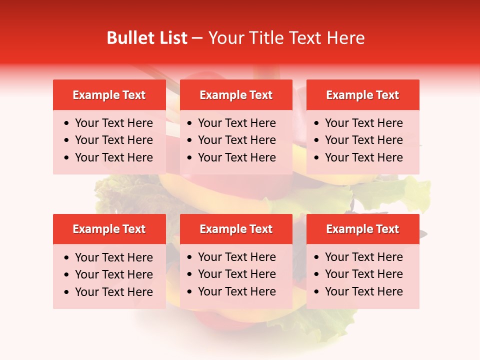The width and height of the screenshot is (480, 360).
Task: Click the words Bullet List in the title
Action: coord(146,38)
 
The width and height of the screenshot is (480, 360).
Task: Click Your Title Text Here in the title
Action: coord(286,38)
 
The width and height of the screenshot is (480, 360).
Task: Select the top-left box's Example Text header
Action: coord(109,95)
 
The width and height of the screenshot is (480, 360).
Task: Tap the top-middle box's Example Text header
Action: coord(236,95)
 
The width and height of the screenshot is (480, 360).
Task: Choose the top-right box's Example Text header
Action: coord(362,95)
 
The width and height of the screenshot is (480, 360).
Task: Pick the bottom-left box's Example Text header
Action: coord(109,229)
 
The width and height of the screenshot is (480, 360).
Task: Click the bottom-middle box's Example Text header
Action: coord(236,229)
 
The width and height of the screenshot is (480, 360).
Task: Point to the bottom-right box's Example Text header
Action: coord(362,229)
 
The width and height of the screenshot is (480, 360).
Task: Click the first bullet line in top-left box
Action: coord(113,123)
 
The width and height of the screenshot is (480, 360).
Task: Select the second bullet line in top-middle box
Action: coord(236,140)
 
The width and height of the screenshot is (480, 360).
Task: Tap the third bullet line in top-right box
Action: coord(363,157)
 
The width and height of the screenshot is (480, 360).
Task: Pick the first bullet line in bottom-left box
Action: coord(113,257)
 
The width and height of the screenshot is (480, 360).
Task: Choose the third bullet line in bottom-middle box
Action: coord(236,291)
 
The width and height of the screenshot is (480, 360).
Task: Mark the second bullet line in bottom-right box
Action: coord(363,274)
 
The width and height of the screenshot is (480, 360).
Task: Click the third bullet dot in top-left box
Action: coord(67,158)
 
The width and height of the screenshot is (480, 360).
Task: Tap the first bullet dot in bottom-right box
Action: coord(317,257)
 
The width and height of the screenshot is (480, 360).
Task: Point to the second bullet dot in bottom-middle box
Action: coord(190,274)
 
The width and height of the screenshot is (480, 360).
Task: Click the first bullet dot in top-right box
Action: coord(317,123)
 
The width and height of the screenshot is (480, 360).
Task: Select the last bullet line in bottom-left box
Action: coord(113,292)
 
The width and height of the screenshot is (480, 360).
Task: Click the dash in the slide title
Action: coord(197,38)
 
